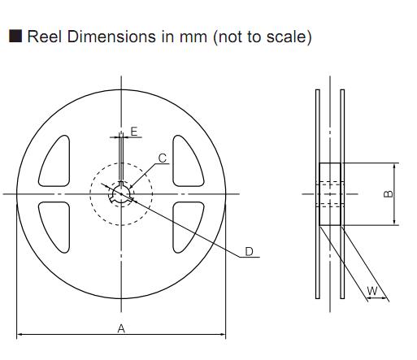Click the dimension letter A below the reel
pyautogui.click(x=121, y=328)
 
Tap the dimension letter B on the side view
pyautogui.click(x=389, y=194)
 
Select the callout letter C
pyautogui.click(x=163, y=158)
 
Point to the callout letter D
pyautogui.click(x=249, y=252)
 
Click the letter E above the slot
pyautogui.click(x=134, y=132)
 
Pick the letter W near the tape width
pyautogui.click(x=372, y=291)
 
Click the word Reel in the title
pyautogui.click(x=45, y=37)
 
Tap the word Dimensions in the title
pyautogui.click(x=111, y=37)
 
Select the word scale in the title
pyautogui.click(x=286, y=37)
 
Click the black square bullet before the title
pyautogui.click(x=15, y=36)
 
